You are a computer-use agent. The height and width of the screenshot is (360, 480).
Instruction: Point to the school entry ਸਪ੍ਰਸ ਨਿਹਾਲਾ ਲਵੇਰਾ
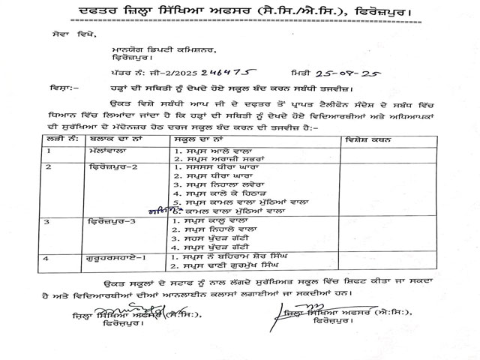(223, 182)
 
